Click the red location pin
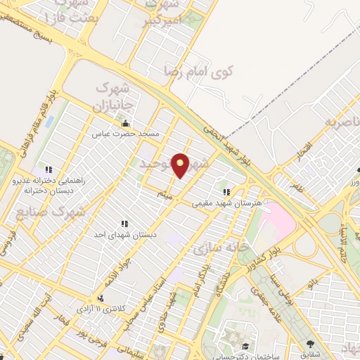[x=181, y=165]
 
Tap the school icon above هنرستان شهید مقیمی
[x=226, y=192]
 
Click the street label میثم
[x=165, y=196]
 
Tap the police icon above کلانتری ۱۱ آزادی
[x=101, y=298]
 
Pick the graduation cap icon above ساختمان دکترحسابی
[x=245, y=346]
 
